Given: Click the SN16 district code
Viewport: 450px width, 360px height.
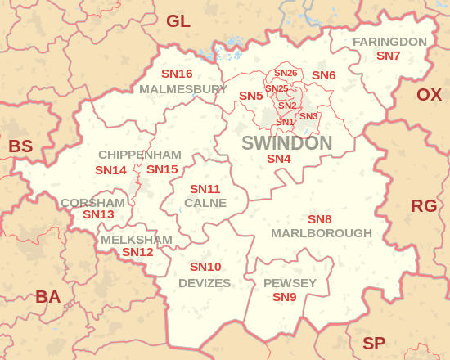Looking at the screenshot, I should click(x=177, y=74).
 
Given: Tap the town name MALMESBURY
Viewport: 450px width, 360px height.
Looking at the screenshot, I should click(x=183, y=88).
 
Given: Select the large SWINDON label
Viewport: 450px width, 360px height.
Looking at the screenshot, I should click(x=286, y=143).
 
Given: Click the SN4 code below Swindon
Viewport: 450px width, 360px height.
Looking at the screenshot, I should click(x=279, y=159).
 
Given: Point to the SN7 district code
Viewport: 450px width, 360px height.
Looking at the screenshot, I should click(x=388, y=56).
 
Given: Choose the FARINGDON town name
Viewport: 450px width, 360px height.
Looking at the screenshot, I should click(x=389, y=42).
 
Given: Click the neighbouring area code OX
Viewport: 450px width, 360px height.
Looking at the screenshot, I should click(x=429, y=94).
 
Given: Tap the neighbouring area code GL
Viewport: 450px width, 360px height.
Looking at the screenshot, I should click(x=178, y=21).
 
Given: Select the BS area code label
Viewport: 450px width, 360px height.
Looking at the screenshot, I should click(x=20, y=146).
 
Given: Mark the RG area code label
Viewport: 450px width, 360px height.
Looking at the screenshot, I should click(x=424, y=205).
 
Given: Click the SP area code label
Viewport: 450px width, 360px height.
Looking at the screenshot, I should click(x=374, y=344).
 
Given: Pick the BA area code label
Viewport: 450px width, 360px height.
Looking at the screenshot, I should click(x=47, y=297).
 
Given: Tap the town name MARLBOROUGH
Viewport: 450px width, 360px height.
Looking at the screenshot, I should click(x=322, y=233).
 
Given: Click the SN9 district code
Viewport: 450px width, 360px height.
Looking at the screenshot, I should click(x=284, y=297).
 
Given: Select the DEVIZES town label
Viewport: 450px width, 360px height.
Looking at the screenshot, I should click(x=205, y=283).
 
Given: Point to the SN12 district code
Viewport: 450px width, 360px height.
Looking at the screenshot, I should click(x=137, y=253).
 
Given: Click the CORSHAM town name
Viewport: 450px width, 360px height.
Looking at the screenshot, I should click(x=92, y=202).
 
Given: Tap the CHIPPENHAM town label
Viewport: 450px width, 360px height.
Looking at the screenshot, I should click(x=140, y=155).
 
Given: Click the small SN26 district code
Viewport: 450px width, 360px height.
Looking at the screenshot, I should click(x=286, y=74).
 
